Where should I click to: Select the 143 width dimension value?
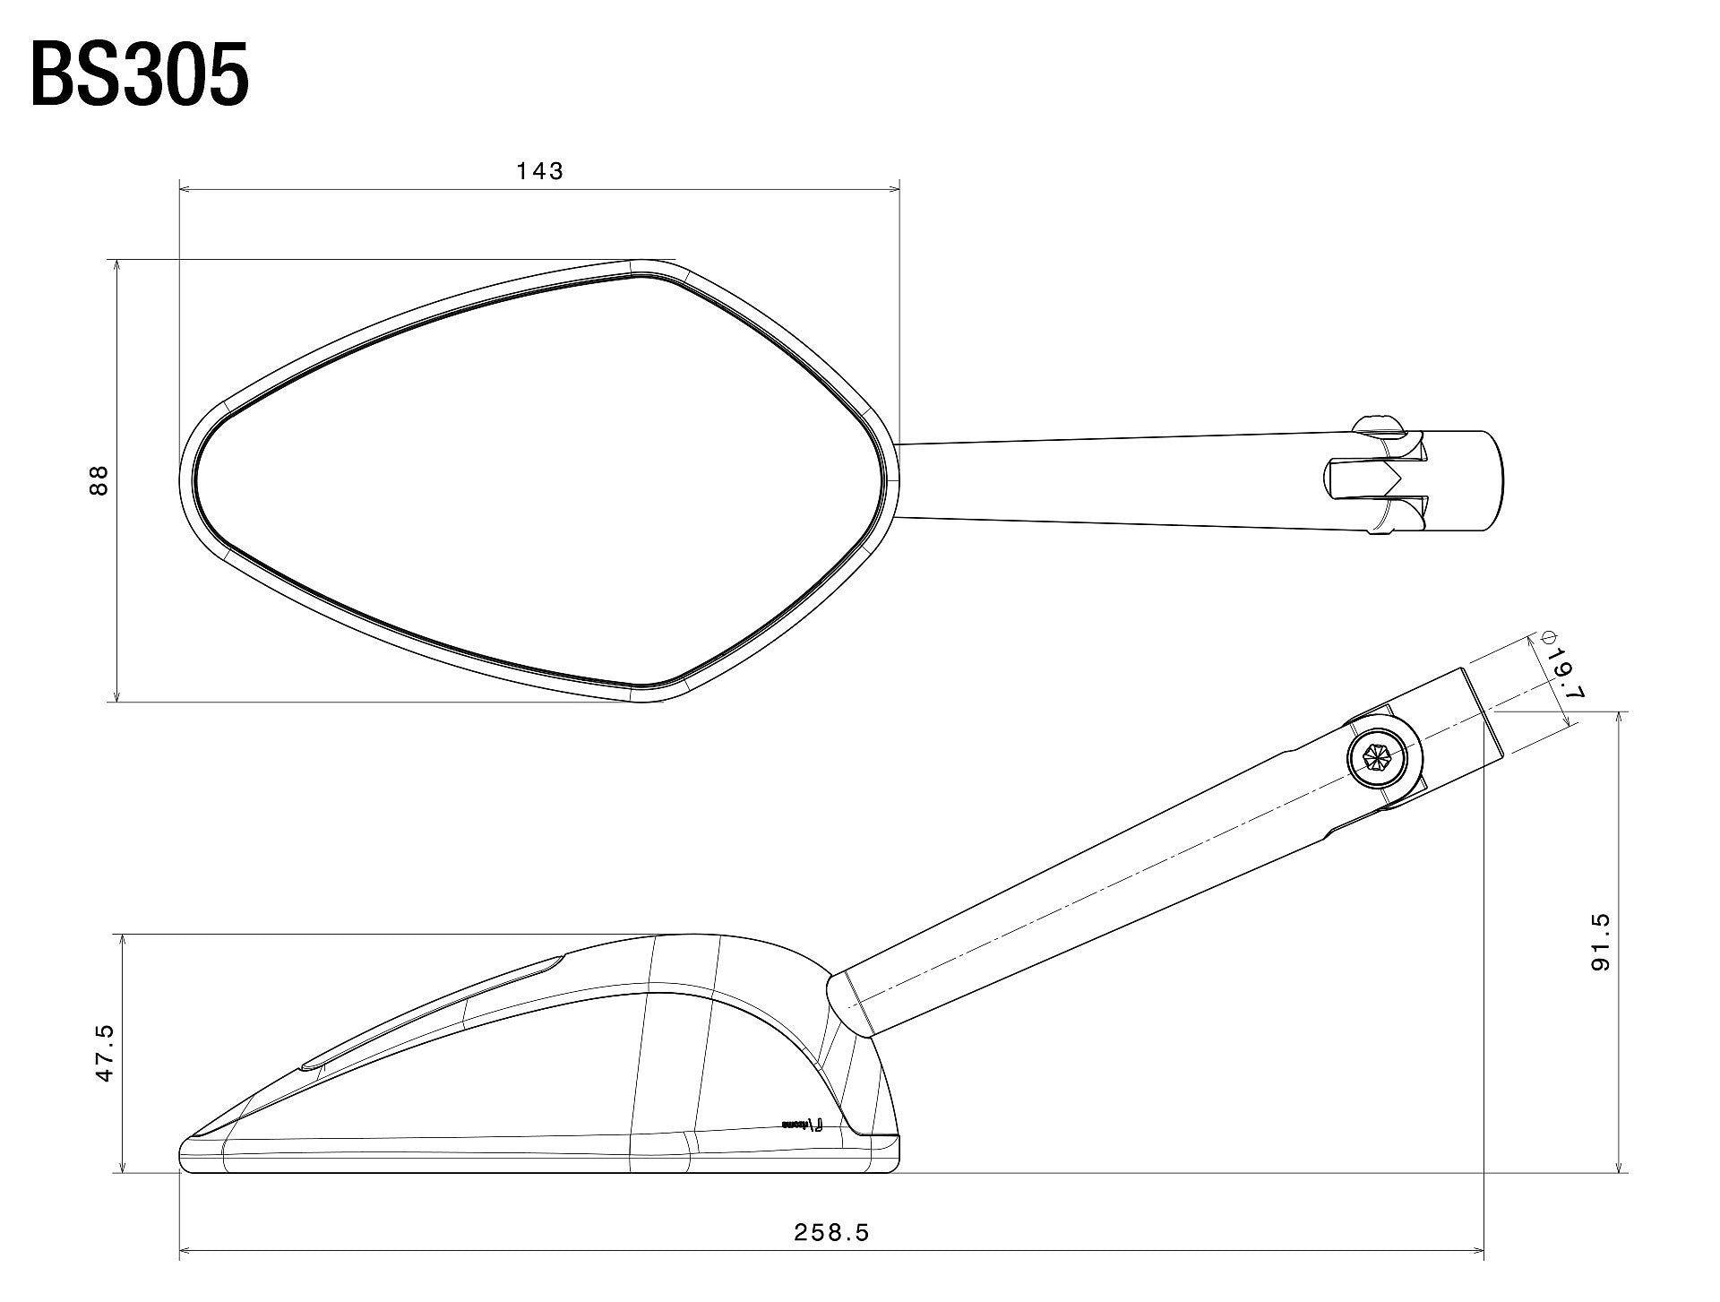click(540, 170)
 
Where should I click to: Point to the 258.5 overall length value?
click(831, 1233)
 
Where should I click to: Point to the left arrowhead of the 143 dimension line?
click(185, 189)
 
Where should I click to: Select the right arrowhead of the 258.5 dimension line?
click(1480, 1251)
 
